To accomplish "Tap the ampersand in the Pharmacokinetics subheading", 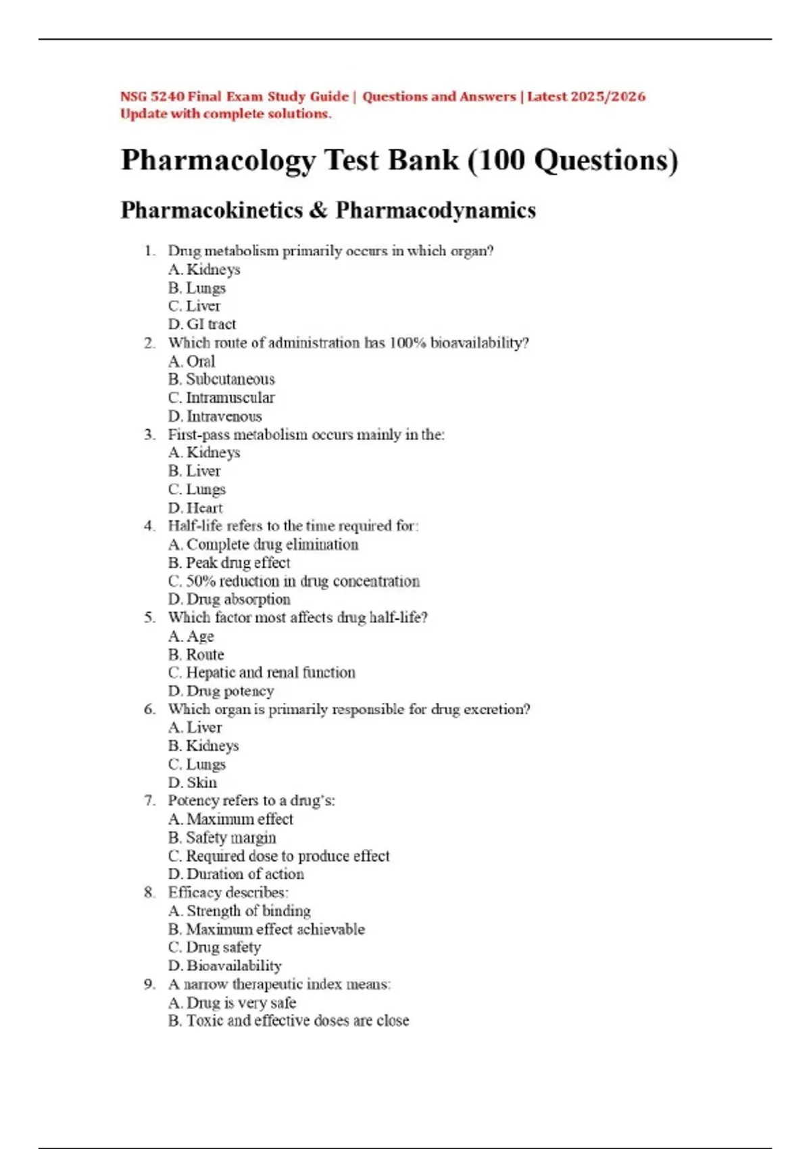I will (x=318, y=210).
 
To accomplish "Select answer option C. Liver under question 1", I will (x=195, y=306).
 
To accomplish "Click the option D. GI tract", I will (x=202, y=324).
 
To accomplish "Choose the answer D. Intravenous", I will (x=215, y=416).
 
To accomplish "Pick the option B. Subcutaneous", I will (x=222, y=379).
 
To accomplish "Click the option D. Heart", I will (x=195, y=508).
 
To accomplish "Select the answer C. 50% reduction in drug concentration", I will (x=294, y=581).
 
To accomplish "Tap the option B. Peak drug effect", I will (x=229, y=563).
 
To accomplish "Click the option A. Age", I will (x=191, y=636).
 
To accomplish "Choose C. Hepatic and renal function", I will (x=262, y=673).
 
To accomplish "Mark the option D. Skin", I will (x=193, y=783).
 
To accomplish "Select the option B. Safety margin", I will (x=222, y=837).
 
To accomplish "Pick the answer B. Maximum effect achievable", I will (x=266, y=929).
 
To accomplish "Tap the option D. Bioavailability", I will (x=225, y=966).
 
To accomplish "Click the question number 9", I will (x=149, y=984).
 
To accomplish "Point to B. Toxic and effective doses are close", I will (x=289, y=1021).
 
